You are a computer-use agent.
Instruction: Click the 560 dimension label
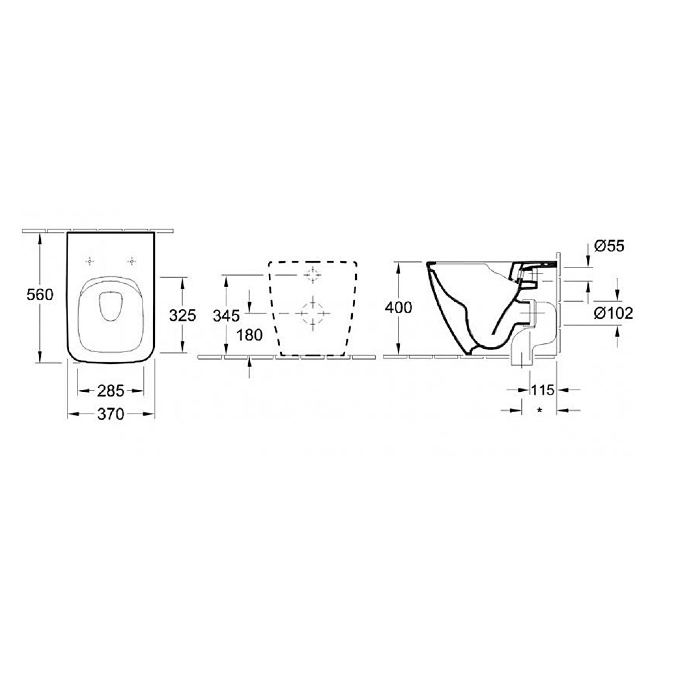(x=40, y=295)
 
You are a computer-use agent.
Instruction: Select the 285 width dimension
(x=110, y=391)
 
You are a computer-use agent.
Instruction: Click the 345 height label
(x=227, y=316)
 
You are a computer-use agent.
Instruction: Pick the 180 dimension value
(x=249, y=335)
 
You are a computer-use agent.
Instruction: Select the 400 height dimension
(x=398, y=308)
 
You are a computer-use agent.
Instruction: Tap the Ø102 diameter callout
(x=613, y=313)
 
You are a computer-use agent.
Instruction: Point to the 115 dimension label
(x=543, y=390)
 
